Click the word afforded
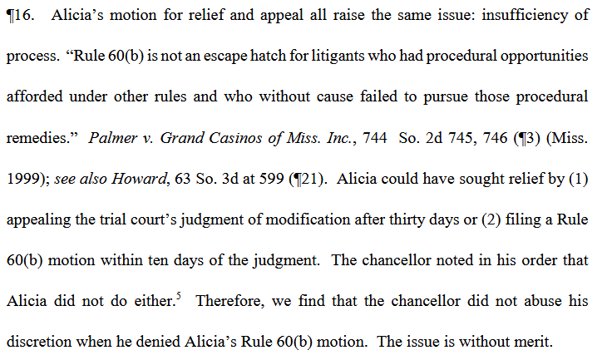[34, 96]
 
